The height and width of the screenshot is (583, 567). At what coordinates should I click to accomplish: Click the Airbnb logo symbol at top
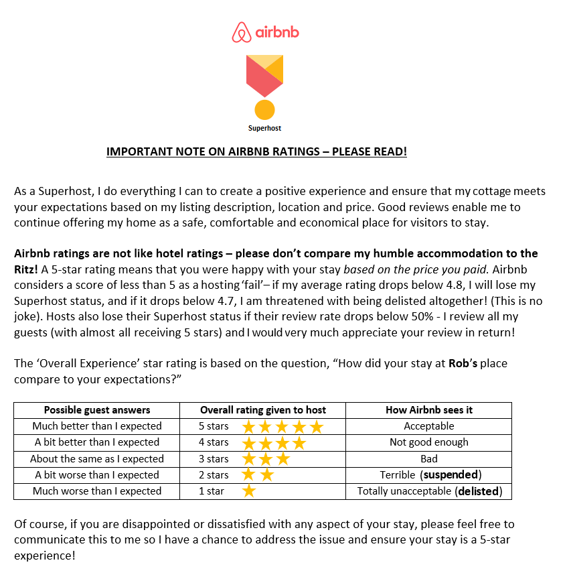pos(242,32)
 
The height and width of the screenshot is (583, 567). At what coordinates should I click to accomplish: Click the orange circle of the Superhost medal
pos(265,109)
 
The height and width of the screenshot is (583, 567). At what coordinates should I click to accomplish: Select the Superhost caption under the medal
pos(265,128)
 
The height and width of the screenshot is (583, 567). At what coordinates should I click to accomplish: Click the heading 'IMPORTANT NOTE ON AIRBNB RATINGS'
pos(256,152)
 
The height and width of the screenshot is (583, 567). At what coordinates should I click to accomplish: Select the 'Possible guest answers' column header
pos(97,410)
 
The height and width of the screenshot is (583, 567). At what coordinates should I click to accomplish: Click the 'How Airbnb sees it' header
pos(429,410)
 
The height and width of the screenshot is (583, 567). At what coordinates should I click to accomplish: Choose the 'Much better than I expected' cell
pos(97,426)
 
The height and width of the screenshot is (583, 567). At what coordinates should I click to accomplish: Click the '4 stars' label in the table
pos(214,442)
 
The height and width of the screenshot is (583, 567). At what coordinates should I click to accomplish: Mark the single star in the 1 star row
pos(249,491)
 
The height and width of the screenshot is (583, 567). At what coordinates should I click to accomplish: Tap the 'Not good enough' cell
pos(429,442)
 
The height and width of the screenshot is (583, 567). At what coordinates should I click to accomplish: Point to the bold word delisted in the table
pos(478,491)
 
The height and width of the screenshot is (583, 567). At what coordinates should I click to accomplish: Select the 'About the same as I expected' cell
pos(97,459)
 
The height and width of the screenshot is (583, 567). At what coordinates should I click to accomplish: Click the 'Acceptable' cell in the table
pos(429,426)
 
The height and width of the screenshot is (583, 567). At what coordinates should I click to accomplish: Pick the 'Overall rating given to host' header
pos(263,410)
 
